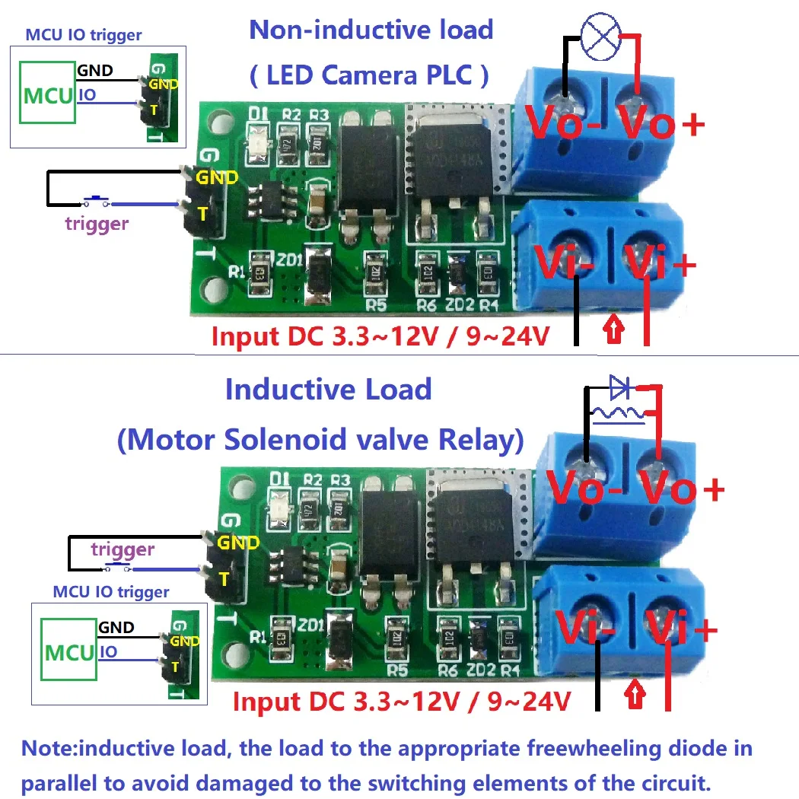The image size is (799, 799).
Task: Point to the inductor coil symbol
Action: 617,414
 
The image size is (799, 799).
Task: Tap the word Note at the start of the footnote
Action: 49,748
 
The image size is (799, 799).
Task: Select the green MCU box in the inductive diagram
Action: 70,652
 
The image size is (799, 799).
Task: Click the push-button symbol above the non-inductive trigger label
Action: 96,201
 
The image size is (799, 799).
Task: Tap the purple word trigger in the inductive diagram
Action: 123,549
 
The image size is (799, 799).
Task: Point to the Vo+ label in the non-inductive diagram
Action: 659,124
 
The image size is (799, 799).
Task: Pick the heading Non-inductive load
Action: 371,30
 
